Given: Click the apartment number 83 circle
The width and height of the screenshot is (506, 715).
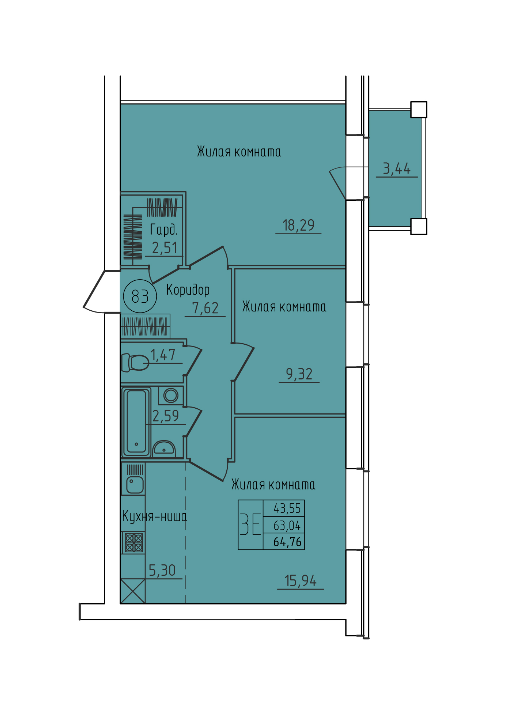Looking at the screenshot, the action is click(140, 296).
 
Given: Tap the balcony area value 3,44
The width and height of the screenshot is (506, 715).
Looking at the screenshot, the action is click(397, 169).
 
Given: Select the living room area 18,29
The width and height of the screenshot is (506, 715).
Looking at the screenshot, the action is click(298, 226).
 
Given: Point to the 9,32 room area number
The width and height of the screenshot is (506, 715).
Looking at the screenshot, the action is click(299, 374).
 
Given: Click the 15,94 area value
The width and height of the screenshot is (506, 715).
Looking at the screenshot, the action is click(301, 581).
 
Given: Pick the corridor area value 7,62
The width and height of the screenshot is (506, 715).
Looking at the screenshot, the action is click(205, 308).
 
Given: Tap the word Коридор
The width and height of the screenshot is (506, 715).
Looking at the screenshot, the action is click(188, 290).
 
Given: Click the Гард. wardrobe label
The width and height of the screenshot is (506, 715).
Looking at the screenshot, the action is click(164, 230).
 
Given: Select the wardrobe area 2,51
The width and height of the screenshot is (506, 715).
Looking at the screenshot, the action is click(165, 248).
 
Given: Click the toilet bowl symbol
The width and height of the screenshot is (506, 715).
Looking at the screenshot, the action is click(135, 362).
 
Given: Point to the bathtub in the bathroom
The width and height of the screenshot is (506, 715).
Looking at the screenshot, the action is click(136, 422).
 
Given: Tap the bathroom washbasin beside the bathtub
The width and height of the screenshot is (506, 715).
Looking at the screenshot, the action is click(164, 447).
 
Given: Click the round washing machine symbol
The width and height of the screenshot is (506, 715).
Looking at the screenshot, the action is click(171, 395).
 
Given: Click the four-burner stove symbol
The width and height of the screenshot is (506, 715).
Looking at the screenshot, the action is click(134, 543).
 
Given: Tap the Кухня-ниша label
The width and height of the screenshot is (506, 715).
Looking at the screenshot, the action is click(154, 517).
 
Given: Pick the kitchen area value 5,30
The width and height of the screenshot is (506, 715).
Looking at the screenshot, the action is click(162, 570).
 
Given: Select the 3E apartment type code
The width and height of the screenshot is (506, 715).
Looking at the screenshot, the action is click(250, 525).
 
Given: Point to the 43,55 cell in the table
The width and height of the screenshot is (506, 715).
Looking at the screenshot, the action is click(287, 508).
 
